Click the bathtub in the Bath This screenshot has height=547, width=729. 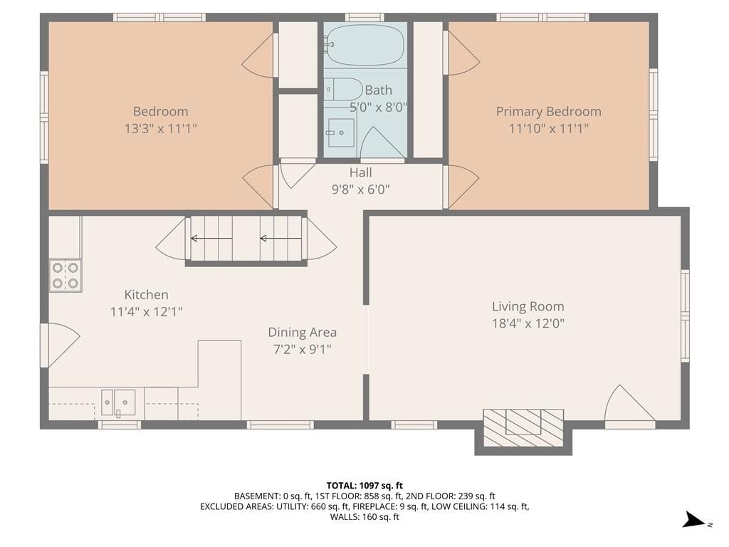(364, 45)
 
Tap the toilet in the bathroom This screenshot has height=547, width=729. (344, 89)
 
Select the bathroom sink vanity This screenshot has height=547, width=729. (341, 132)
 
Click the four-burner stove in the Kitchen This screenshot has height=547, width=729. (65, 276)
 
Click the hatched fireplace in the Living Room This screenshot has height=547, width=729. (523, 427)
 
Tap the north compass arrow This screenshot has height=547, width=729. (695, 520)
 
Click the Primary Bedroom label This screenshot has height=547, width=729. (549, 112)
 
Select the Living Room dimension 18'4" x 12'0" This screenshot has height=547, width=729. (528, 323)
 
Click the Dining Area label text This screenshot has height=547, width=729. (302, 332)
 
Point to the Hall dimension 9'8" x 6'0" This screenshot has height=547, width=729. (360, 189)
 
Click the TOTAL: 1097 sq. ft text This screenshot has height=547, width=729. (364, 486)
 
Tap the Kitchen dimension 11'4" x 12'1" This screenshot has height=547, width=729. (146, 311)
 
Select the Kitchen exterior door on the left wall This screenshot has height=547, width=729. (60, 345)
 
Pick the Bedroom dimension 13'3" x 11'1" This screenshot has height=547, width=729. (160, 128)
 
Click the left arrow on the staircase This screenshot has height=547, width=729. (211, 239)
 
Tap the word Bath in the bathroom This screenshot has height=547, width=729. (379, 90)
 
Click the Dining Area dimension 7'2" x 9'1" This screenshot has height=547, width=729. (302, 349)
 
